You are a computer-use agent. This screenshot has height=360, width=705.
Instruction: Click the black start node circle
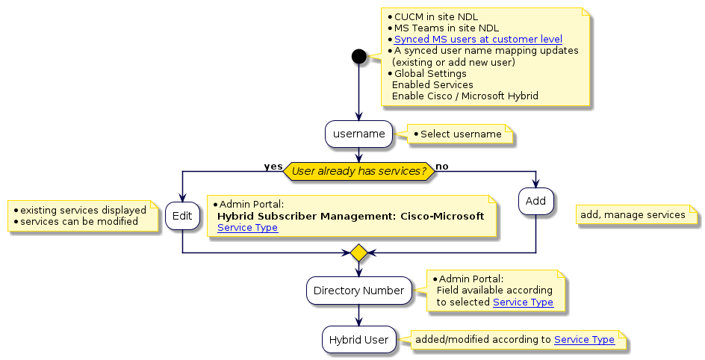(x=358, y=56)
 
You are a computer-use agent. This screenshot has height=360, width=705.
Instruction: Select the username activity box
(x=358, y=134)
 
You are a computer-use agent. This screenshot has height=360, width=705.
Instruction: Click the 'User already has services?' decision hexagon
(x=358, y=171)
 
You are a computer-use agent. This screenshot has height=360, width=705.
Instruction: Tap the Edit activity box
(x=182, y=215)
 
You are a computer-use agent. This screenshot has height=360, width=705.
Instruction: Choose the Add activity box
(x=535, y=201)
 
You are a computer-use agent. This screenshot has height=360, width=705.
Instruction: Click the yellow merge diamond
(x=358, y=253)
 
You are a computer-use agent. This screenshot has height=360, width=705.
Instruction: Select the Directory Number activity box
(x=358, y=290)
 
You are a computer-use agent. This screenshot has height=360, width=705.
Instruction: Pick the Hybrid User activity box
(x=358, y=340)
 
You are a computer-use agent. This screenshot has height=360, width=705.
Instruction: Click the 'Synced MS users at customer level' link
(x=478, y=39)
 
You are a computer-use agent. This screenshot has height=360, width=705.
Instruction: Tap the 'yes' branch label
(x=273, y=166)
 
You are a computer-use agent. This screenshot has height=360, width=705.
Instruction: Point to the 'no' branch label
(x=442, y=166)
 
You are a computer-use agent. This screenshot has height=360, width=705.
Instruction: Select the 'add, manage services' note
(x=633, y=215)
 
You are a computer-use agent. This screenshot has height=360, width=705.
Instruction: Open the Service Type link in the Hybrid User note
(x=584, y=340)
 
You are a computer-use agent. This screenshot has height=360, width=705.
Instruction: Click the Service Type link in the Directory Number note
(x=523, y=302)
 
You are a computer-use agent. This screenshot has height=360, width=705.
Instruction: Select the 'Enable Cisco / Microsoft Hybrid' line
(x=465, y=96)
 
